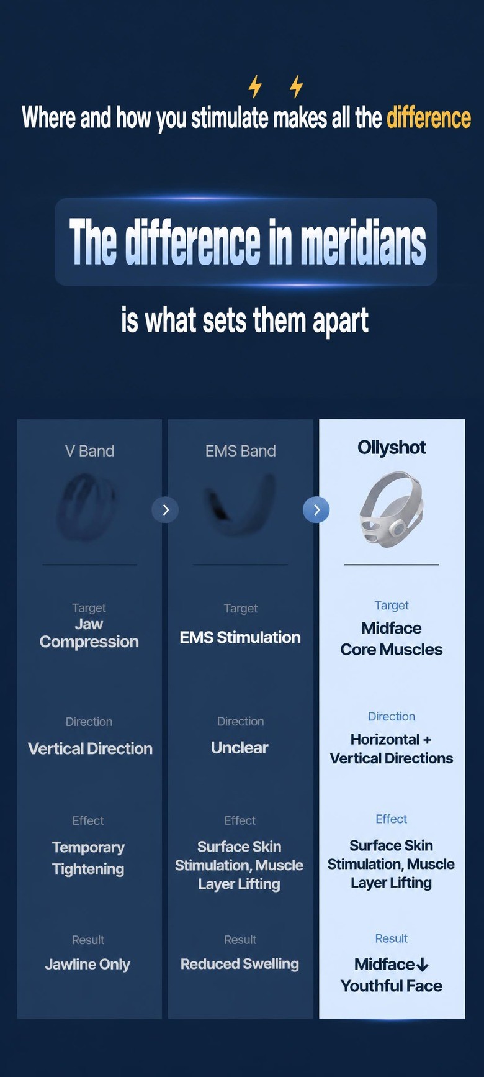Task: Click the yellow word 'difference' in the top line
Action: [429, 117]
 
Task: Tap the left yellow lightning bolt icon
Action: [255, 87]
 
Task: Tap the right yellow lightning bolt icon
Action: [297, 87]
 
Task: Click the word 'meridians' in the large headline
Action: [364, 242]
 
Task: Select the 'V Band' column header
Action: [89, 451]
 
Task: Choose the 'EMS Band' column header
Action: [241, 451]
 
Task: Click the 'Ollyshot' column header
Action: [392, 448]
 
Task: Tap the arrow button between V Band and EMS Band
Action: [165, 510]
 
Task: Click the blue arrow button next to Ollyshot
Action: [316, 510]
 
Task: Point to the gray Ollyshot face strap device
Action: [392, 509]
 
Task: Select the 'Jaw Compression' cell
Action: [89, 633]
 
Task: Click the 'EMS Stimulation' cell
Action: [240, 637]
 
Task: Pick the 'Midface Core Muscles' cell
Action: [392, 638]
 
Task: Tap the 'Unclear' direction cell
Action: [240, 748]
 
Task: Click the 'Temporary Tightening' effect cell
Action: [88, 858]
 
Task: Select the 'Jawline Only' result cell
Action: [87, 965]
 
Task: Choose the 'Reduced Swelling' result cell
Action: [240, 964]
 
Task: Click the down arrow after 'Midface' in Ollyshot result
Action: [423, 965]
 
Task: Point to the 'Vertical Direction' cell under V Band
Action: [90, 748]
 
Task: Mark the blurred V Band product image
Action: [87, 506]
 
